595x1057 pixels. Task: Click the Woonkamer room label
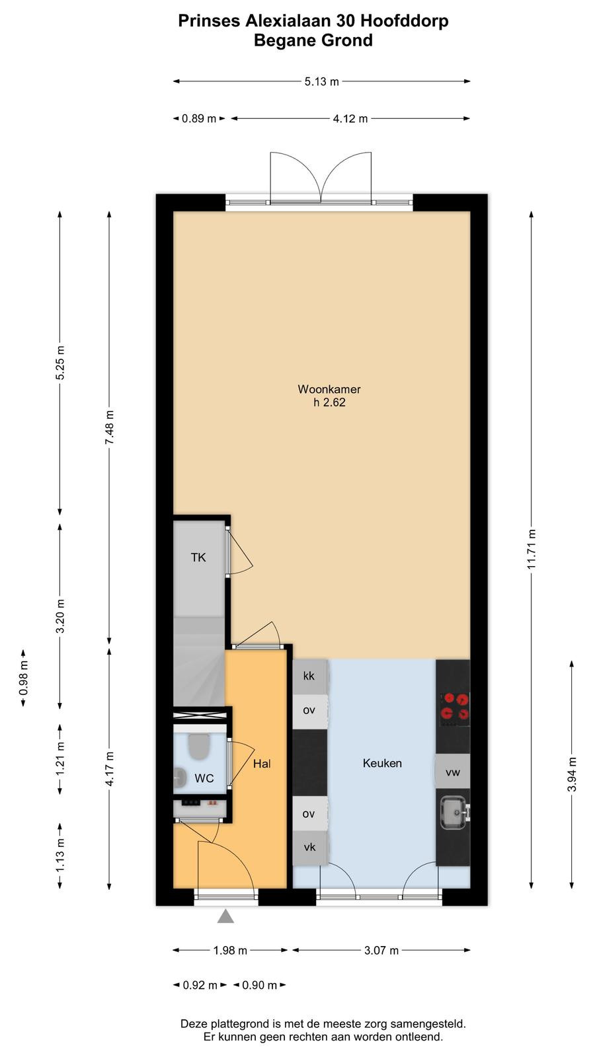point(329,389)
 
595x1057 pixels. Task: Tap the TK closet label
point(198,558)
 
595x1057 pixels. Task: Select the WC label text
point(204,779)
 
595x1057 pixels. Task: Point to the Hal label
point(262,764)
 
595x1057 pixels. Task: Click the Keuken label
point(382,763)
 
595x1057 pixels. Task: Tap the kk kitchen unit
point(310,676)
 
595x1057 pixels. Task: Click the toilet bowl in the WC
point(199,746)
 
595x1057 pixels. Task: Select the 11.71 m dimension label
point(532,549)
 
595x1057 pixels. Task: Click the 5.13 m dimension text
point(321,82)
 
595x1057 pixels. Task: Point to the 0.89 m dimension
point(199,118)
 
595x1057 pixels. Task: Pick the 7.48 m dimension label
point(110,427)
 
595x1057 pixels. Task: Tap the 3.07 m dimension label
point(381,951)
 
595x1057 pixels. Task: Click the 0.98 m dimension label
point(24,678)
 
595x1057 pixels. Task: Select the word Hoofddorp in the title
point(404,21)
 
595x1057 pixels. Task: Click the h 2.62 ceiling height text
point(330,402)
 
